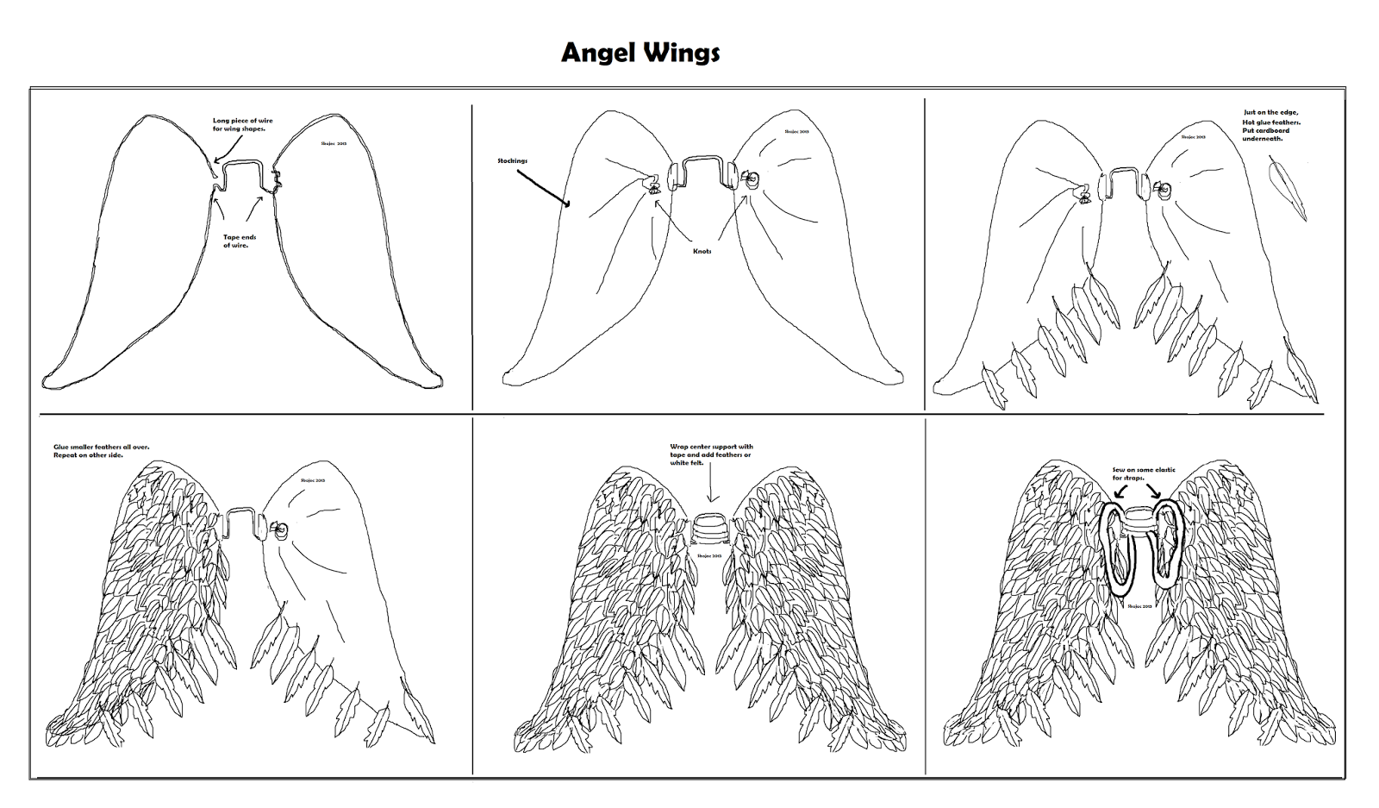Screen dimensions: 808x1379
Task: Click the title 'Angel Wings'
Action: coord(640,53)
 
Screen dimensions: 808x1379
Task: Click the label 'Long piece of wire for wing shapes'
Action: coord(243,124)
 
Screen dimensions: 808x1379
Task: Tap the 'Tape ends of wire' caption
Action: coord(239,241)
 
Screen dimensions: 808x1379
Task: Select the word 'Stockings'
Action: coord(512,160)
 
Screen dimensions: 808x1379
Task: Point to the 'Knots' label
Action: coord(702,251)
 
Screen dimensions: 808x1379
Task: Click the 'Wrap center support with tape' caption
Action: coord(711,454)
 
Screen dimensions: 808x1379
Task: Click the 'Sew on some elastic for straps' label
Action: coord(1144,473)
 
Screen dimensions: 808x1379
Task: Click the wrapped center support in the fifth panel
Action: coord(711,527)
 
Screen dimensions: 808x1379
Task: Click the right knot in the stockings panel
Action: coord(750,180)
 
